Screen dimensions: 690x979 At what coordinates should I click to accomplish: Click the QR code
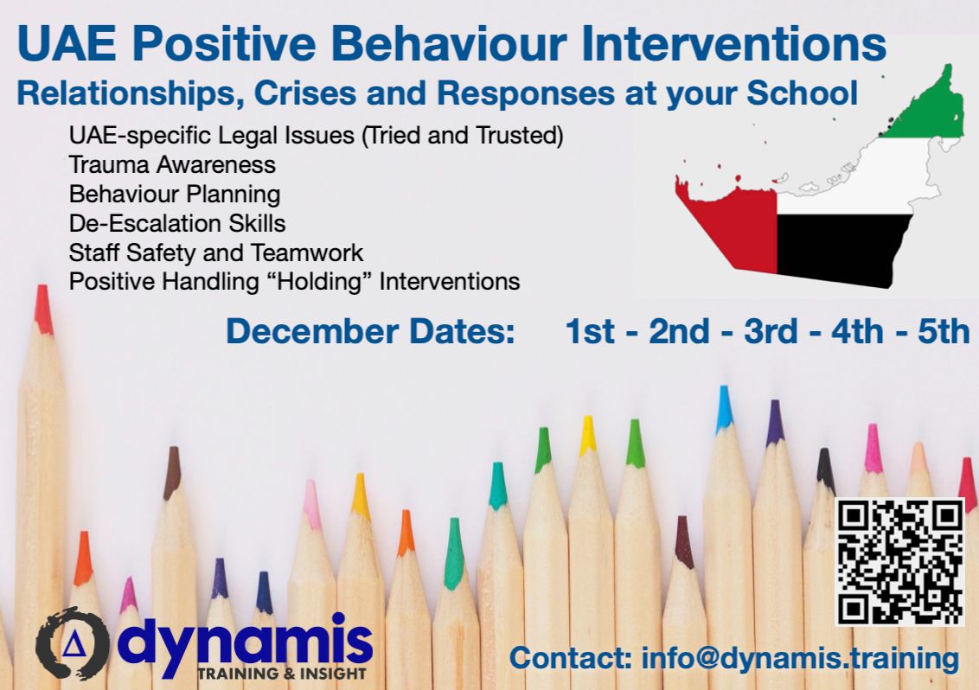pyautogui.click(x=900, y=562)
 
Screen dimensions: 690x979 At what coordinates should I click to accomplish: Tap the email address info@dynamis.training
pyautogui.click(x=800, y=658)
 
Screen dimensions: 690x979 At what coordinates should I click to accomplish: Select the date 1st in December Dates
pyautogui.click(x=589, y=332)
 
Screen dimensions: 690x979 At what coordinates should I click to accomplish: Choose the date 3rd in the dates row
pyautogui.click(x=771, y=332)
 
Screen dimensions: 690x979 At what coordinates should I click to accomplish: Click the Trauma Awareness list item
pyautogui.click(x=172, y=164)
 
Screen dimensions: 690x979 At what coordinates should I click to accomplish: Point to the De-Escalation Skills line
pyautogui.click(x=177, y=223)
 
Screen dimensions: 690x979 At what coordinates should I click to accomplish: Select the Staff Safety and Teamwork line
pyautogui.click(x=216, y=252)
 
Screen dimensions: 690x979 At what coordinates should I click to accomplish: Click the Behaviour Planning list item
pyautogui.click(x=174, y=194)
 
